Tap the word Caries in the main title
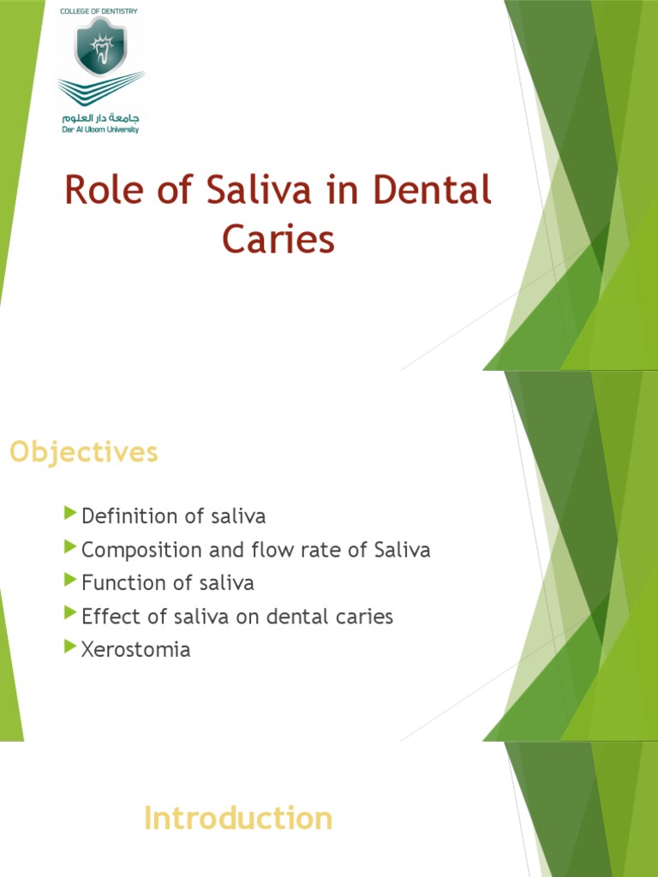[x=278, y=239]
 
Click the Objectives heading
[x=84, y=451]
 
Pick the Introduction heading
[x=237, y=818]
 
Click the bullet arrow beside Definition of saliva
[x=71, y=514]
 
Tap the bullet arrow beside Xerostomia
[x=71, y=647]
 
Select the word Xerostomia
[x=135, y=650]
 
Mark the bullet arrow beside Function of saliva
[x=71, y=581]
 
